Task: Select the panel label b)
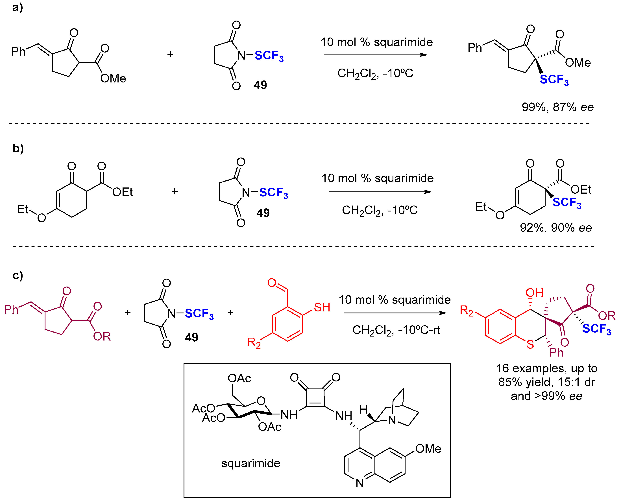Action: click(x=18, y=148)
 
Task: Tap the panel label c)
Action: click(x=17, y=276)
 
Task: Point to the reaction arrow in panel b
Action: click(x=380, y=192)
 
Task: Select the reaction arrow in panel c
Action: click(x=395, y=313)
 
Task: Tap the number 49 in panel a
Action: click(x=260, y=85)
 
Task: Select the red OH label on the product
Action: click(x=534, y=293)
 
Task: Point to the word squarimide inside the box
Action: click(x=251, y=463)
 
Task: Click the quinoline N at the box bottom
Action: click(x=360, y=483)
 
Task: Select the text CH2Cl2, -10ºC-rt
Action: click(x=396, y=330)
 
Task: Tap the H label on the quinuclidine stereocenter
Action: click(x=363, y=409)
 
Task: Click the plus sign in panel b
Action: click(x=175, y=191)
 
